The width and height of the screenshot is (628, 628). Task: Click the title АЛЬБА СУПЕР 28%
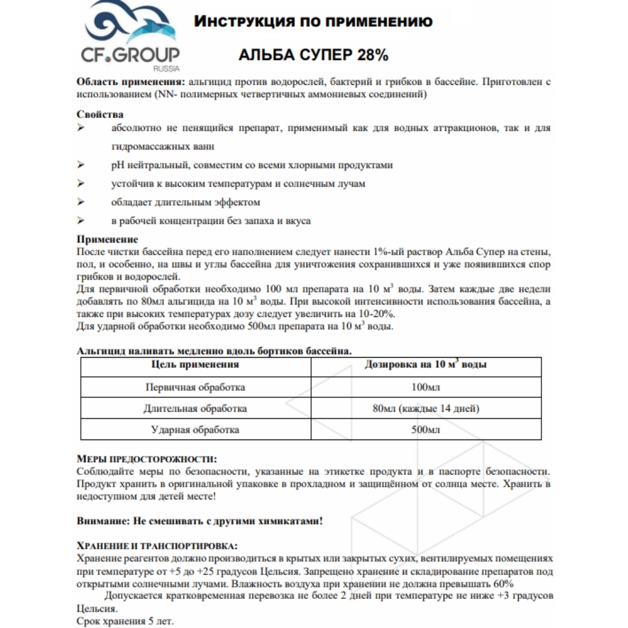tap(313, 56)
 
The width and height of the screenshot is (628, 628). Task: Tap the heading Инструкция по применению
tap(313, 22)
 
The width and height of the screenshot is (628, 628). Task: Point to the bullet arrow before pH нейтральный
tap(81, 165)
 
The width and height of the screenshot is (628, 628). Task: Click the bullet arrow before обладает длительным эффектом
tap(81, 202)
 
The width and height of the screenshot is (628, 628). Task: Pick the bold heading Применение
tap(108, 240)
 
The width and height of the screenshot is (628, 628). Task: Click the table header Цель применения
tap(195, 365)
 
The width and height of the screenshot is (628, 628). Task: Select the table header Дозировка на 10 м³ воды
tap(426, 365)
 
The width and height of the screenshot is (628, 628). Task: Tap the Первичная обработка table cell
tap(195, 387)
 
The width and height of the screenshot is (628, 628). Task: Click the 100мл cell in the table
tap(426, 387)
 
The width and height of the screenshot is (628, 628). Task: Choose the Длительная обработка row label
tap(195, 409)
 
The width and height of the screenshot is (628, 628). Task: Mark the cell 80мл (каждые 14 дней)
tap(426, 409)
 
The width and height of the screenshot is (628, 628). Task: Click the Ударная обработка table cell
tap(195, 430)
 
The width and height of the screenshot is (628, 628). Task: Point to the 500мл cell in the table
tap(426, 430)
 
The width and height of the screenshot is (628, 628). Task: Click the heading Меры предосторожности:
tap(146, 459)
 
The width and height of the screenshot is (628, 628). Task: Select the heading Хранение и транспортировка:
tap(157, 546)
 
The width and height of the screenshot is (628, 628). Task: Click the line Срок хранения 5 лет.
tap(125, 622)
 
